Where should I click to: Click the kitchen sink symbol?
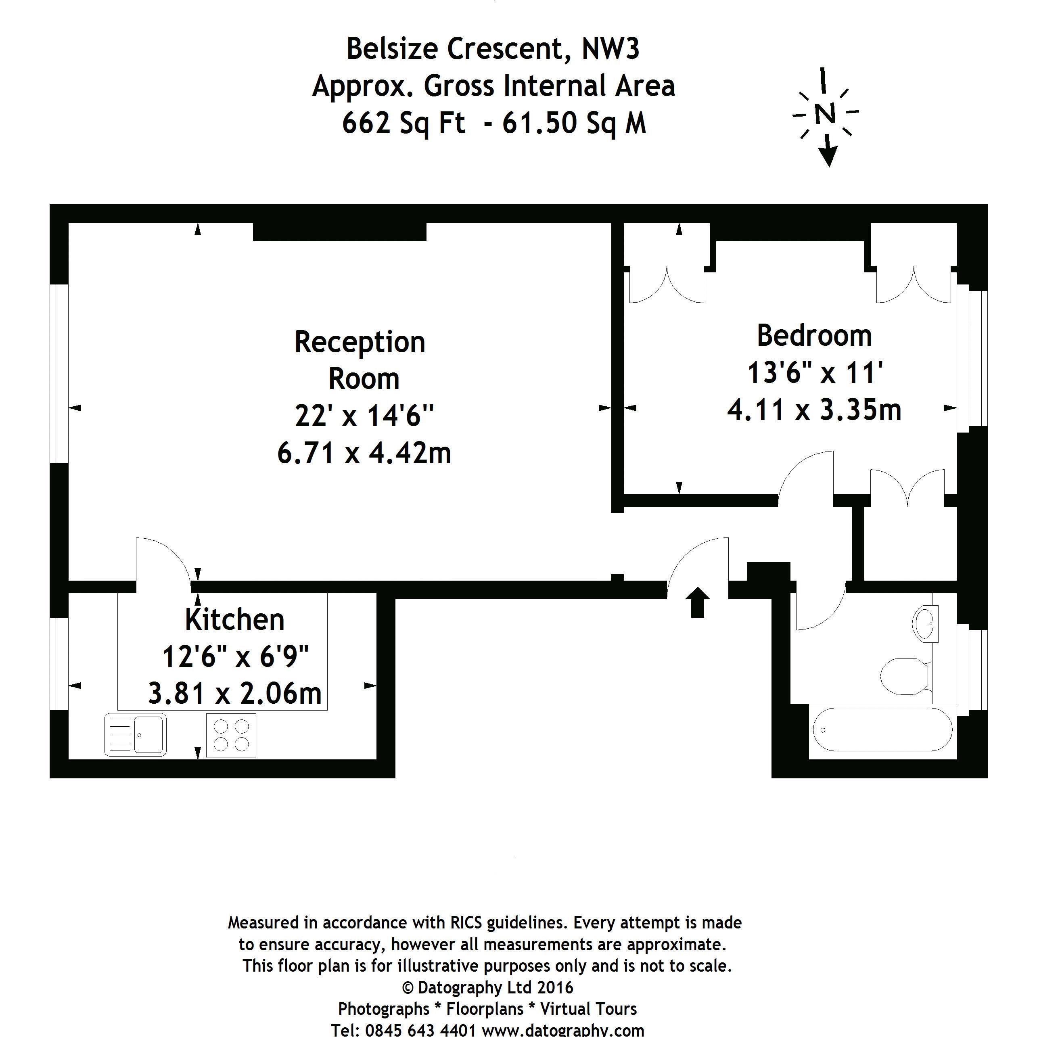tap(135, 735)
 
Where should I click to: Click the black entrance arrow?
tap(697, 602)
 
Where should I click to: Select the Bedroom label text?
tap(814, 336)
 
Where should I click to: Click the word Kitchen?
tap(234, 620)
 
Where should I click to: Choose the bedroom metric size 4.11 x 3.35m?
tap(814, 410)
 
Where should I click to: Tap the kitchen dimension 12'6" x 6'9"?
tap(236, 656)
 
